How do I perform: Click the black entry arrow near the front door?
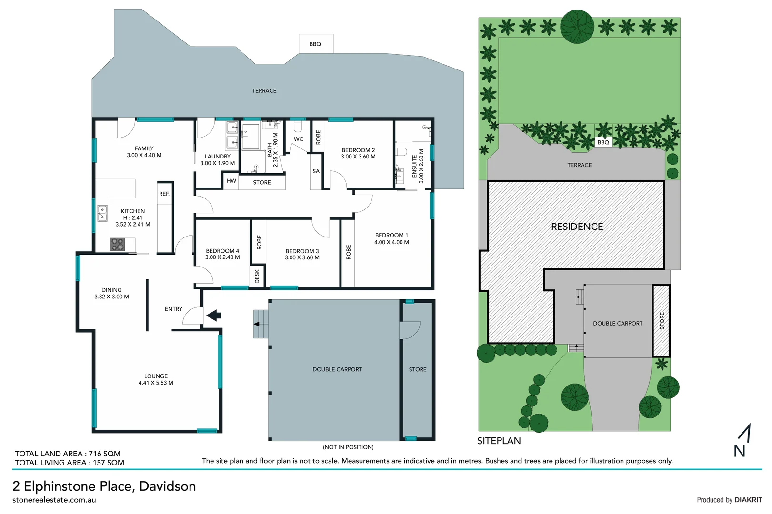click(x=213, y=315)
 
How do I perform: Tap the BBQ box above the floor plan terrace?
click(x=315, y=44)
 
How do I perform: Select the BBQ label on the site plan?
click(x=603, y=142)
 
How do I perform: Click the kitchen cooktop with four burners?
click(x=117, y=244)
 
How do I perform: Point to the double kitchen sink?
click(x=102, y=214)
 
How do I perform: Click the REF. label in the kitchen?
click(x=164, y=194)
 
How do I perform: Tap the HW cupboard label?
click(x=231, y=181)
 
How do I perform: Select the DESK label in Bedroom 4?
click(x=257, y=276)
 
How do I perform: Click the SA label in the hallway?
click(x=316, y=171)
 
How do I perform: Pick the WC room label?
click(x=299, y=139)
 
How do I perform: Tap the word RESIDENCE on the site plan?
click(x=577, y=227)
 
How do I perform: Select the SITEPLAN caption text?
click(x=499, y=441)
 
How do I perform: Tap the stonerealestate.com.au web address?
click(x=54, y=500)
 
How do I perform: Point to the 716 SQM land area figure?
click(x=104, y=454)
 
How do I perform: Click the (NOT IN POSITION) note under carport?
click(x=348, y=447)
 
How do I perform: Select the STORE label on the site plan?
click(x=662, y=321)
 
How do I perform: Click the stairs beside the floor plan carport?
click(x=261, y=324)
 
